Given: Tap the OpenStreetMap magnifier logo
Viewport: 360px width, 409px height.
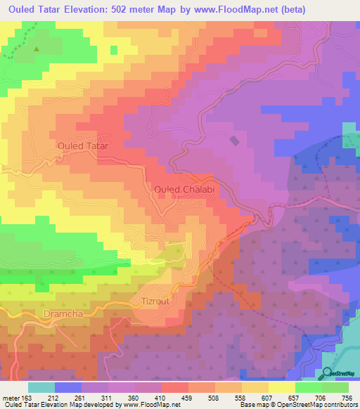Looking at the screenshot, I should pos(328,373).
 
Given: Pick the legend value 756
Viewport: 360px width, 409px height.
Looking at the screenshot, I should pos(345,398).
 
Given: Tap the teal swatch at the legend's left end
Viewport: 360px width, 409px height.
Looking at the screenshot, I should pos(41,387).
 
